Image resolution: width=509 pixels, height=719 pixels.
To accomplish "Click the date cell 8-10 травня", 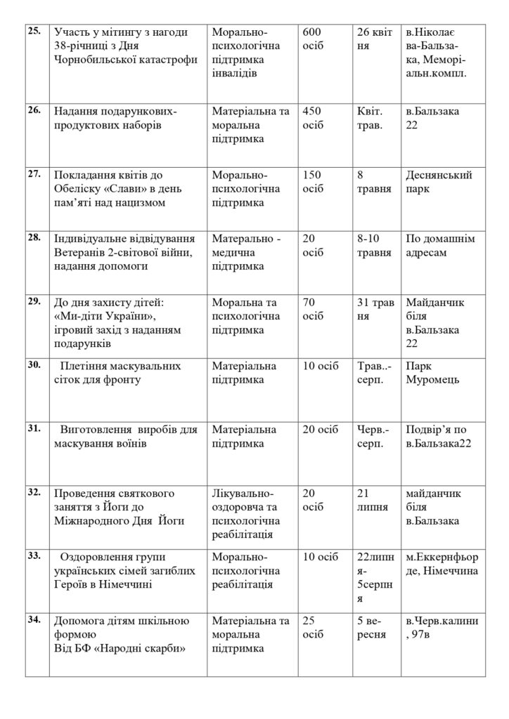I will tap(374, 246).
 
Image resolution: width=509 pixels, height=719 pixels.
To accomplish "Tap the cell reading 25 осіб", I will tap(312, 627).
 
